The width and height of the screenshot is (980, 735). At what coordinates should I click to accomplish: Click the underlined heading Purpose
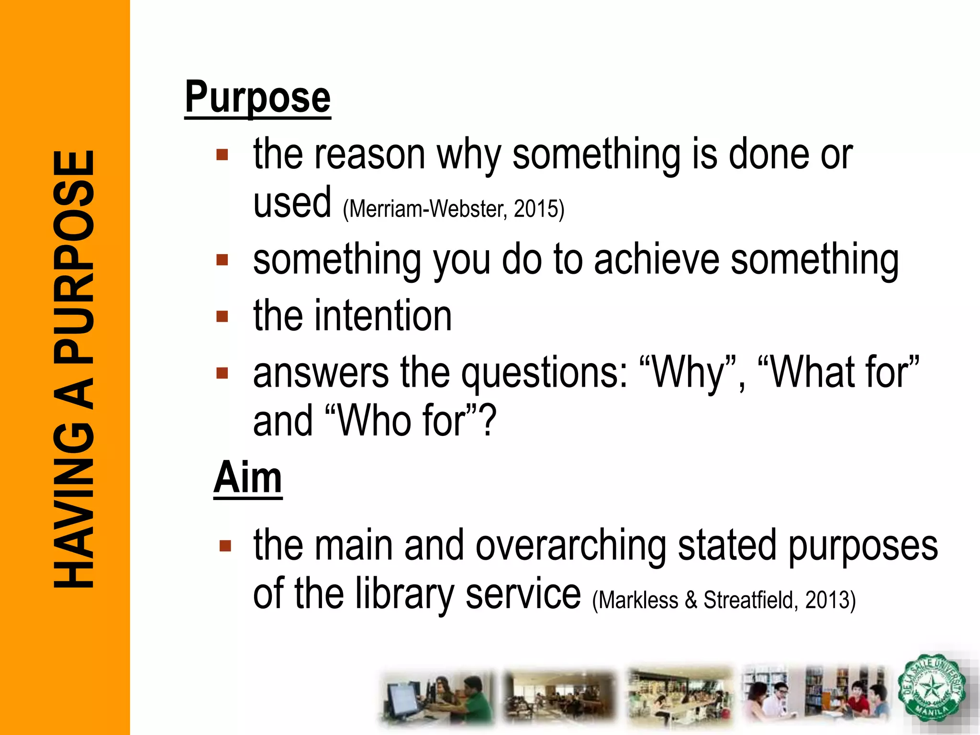point(257,98)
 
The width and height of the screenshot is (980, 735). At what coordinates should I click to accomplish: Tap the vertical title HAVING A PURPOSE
point(74,368)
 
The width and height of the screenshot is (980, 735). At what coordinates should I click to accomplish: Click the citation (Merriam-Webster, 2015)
point(454,209)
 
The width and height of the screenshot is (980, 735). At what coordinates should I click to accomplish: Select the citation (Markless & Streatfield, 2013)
point(724,600)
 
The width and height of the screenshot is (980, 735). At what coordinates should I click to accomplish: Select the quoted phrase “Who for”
point(402,421)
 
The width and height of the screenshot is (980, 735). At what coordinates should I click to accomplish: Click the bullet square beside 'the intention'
point(222,316)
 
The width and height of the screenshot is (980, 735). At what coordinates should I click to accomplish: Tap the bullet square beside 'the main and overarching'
point(225,546)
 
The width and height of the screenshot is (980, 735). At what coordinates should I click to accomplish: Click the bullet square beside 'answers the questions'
point(222,373)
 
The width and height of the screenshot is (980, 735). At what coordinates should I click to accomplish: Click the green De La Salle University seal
point(931,688)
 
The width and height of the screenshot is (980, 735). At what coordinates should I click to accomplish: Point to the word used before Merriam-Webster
point(292,203)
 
